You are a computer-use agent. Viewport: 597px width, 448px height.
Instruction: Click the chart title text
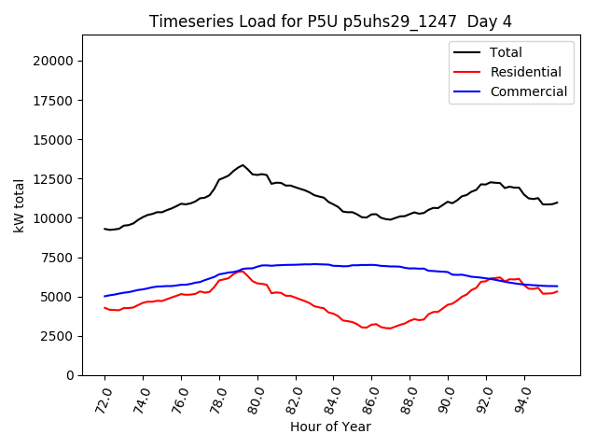(330, 21)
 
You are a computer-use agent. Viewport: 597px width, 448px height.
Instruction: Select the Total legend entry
(505, 52)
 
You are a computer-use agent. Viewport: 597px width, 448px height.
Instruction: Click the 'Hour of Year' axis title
(330, 427)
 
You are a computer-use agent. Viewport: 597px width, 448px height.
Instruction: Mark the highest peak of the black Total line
(243, 165)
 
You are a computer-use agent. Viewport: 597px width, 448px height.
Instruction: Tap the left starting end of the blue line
(104, 296)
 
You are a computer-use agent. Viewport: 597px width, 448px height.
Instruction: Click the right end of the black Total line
(557, 203)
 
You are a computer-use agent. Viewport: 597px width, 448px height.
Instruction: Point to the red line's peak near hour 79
(242, 271)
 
